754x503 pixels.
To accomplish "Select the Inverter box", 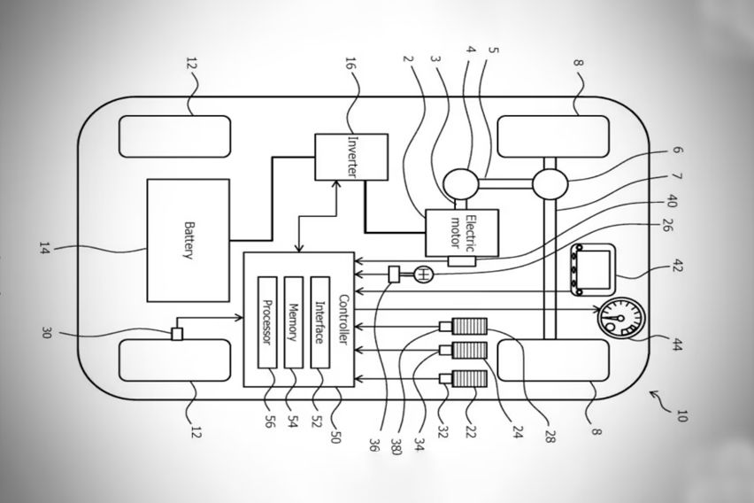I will pyautogui.click(x=351, y=157).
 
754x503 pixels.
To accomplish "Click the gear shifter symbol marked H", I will pyautogui.click(x=423, y=275).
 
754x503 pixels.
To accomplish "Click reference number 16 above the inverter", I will pyautogui.click(x=351, y=66).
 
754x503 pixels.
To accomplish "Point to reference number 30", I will pyautogui.click(x=46, y=333).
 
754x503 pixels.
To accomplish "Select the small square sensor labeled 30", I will pyautogui.click(x=177, y=334).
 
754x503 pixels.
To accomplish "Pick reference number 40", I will pyautogui.click(x=672, y=201).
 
